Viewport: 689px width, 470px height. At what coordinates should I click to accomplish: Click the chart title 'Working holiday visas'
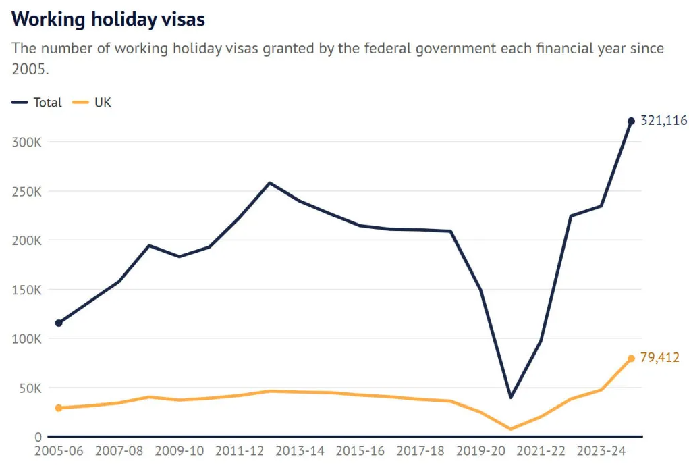[108, 19]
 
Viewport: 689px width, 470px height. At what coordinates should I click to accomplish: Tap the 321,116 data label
[663, 121]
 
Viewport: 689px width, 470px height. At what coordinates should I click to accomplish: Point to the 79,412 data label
[659, 358]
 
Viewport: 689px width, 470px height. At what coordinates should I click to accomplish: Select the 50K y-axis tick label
[30, 388]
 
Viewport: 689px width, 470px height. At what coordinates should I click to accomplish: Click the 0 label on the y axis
[39, 437]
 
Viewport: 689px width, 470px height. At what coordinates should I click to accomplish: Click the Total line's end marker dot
[631, 122]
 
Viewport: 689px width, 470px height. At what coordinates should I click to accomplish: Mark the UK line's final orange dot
[631, 359]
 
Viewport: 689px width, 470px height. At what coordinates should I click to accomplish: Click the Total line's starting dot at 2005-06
[59, 323]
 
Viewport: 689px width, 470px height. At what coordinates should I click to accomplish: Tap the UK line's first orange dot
[59, 408]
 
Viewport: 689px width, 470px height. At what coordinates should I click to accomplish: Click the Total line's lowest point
[511, 397]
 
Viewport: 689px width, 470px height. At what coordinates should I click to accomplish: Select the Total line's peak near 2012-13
[270, 182]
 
